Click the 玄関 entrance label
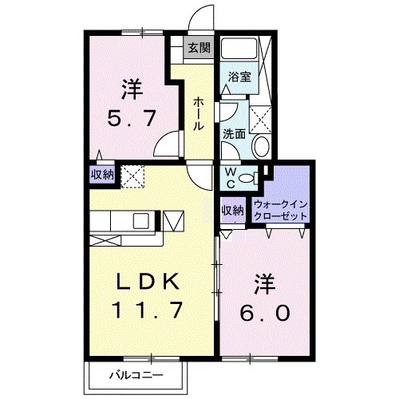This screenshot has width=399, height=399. tap(199, 47)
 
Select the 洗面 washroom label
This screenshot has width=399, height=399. tap(234, 134)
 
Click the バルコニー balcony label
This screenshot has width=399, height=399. tap(136, 373)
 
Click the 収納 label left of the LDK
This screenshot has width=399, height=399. tap(101, 174)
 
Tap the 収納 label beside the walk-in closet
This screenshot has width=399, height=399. tap(232, 211)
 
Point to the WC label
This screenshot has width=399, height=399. tap(229, 176)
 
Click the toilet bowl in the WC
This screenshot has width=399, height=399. tap(249, 177)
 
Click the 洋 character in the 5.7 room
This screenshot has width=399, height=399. tap(132, 85)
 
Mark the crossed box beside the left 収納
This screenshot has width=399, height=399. tap(130, 175)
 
